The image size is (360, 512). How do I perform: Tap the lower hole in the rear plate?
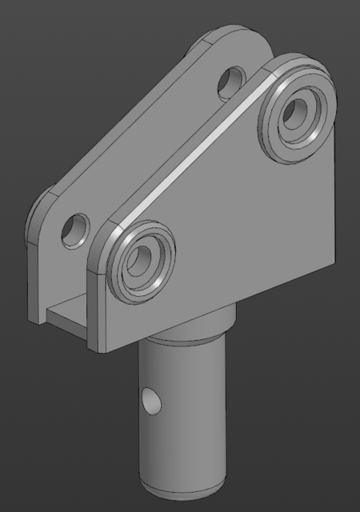tap(77, 229)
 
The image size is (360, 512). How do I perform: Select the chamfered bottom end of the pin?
tap(182, 486)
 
